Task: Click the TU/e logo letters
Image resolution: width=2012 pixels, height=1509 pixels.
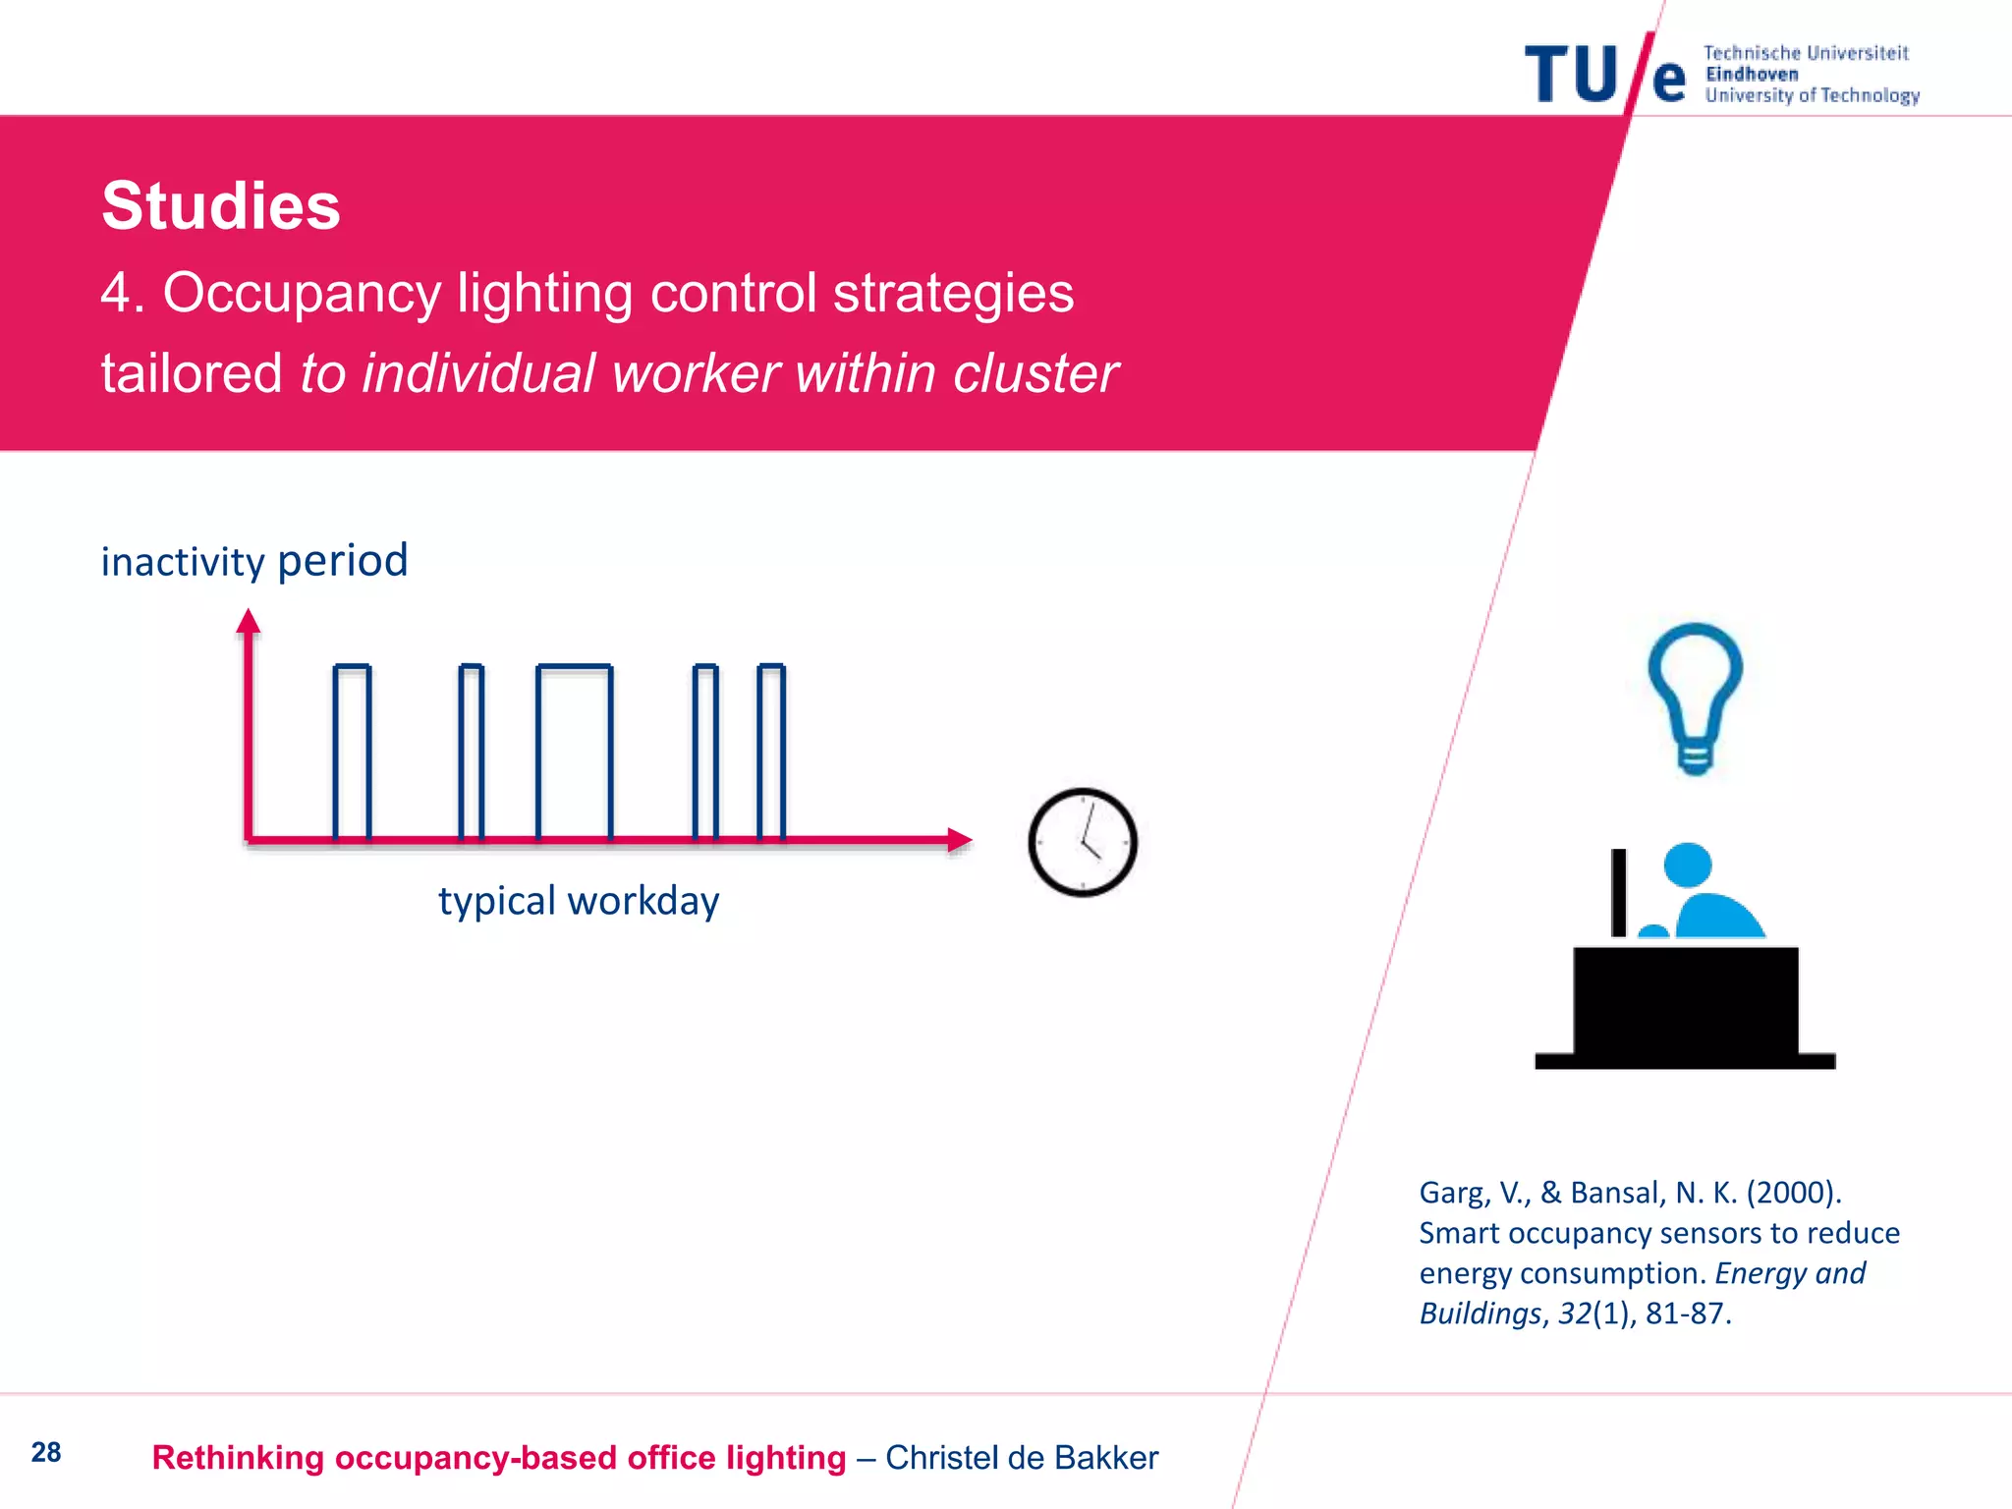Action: tap(1603, 75)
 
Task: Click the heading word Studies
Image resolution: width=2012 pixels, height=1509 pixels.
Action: tap(221, 206)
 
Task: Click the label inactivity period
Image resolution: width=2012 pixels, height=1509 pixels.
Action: tap(254, 561)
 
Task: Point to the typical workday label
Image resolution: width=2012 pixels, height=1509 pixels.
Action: tap(579, 901)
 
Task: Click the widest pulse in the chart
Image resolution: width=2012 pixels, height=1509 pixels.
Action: tap(575, 752)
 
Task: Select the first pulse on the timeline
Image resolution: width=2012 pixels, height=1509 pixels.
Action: tap(352, 752)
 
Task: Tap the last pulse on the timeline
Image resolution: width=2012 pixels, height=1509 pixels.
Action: tap(771, 752)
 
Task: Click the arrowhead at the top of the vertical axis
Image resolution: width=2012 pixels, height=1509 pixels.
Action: tap(249, 621)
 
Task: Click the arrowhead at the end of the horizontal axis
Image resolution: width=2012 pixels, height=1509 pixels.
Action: tap(960, 840)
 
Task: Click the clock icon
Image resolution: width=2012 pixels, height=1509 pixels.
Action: tap(1083, 842)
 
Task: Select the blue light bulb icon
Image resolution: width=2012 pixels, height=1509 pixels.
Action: tap(1695, 696)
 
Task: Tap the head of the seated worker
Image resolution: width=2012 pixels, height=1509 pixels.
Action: tap(1688, 866)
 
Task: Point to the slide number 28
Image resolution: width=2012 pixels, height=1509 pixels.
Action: tap(46, 1452)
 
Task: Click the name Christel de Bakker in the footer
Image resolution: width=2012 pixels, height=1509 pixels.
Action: tap(1022, 1458)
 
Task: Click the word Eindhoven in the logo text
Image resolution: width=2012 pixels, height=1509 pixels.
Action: tap(1752, 75)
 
